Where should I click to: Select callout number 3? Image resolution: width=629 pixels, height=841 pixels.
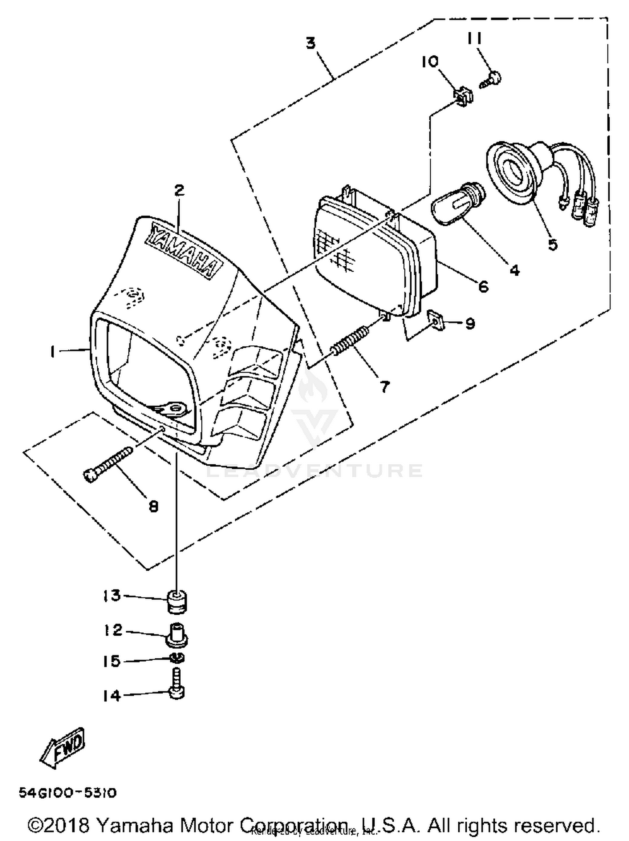(x=310, y=43)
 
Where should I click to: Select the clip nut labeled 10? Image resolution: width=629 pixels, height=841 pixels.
(x=463, y=96)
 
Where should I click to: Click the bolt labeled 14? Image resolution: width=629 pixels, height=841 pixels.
(x=177, y=687)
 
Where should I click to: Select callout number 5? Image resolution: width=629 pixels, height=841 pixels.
(x=553, y=244)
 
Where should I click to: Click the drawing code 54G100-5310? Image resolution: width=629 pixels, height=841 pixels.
(x=68, y=793)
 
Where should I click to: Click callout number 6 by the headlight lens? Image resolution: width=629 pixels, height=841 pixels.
(x=483, y=287)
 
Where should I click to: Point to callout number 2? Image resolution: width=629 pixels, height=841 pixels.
(x=179, y=190)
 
